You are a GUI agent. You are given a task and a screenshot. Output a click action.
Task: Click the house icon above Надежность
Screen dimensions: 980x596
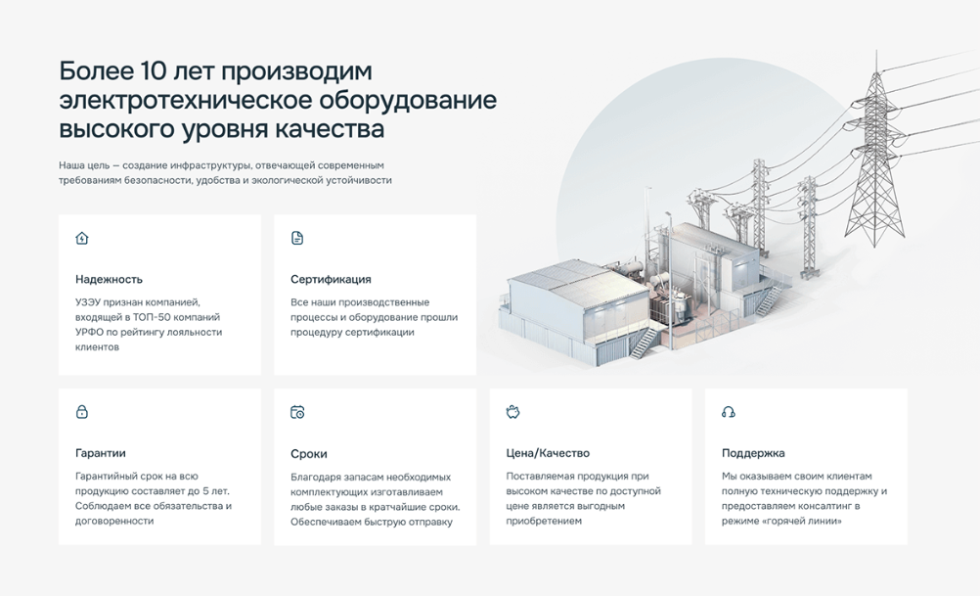click(82, 238)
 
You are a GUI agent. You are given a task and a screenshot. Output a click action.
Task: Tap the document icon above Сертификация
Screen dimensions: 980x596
click(297, 238)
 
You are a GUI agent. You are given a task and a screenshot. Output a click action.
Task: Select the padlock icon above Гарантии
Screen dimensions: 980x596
click(82, 412)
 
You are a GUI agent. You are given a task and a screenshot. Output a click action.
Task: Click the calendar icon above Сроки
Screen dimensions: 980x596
click(297, 412)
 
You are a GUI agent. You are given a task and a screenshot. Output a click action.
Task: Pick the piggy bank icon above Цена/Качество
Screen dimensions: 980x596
click(513, 412)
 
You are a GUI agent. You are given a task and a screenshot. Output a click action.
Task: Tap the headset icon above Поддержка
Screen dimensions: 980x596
click(728, 412)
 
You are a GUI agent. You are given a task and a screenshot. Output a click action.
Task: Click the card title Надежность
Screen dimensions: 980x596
click(109, 280)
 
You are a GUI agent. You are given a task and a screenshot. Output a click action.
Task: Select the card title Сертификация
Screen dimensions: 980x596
click(331, 280)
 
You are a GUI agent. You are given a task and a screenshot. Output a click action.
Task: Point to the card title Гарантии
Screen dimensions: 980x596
click(101, 453)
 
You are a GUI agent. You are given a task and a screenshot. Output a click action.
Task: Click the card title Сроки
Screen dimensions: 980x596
click(309, 454)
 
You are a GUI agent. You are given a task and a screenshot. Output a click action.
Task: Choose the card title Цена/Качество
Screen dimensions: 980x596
click(548, 453)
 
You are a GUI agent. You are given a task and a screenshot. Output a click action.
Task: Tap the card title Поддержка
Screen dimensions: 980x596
click(753, 453)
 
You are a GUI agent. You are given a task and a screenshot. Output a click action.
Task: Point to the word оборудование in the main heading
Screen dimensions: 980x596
click(408, 101)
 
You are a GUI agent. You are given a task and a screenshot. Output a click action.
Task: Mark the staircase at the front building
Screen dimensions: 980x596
click(644, 342)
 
